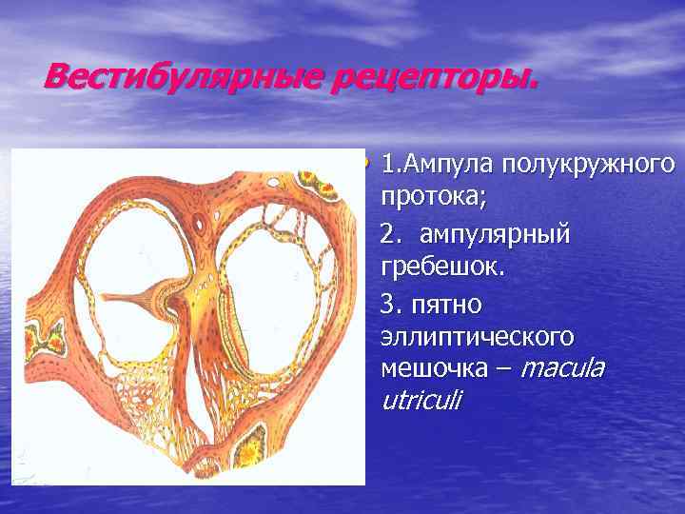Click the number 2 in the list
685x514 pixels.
[385, 234]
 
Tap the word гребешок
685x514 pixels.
[441, 268]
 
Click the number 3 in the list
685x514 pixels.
[386, 305]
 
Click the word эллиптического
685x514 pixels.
[477, 338]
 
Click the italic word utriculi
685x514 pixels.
[420, 402]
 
